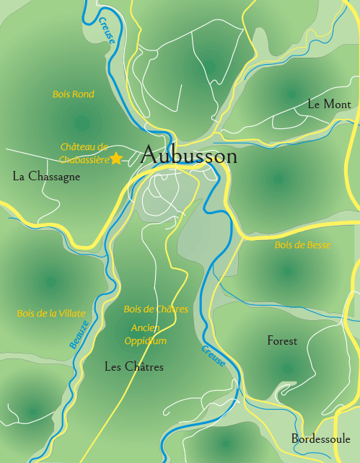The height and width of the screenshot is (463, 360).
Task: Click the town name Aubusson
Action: point(189,156)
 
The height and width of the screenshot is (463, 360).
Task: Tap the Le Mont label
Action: point(329,105)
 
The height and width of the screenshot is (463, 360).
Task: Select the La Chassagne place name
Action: point(46,177)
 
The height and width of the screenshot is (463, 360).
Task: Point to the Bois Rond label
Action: point(74,94)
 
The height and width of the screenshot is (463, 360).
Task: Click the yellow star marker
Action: point(116,159)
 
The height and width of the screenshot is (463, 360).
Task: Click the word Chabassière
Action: point(83,159)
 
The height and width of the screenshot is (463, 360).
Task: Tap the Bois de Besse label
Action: point(302,245)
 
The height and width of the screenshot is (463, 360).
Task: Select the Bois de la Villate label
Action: point(51,314)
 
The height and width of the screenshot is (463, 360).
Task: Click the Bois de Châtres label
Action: point(156,309)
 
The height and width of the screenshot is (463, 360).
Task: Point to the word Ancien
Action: point(146,327)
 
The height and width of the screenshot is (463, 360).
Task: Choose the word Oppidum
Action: point(145,340)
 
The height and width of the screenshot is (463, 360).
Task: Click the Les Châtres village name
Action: point(134,367)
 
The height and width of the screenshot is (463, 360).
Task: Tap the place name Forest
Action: point(282,341)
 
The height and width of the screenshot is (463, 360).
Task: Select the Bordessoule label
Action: point(320,438)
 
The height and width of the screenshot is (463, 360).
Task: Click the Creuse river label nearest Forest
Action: point(214,356)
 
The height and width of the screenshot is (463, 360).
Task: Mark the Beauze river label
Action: point(80,335)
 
